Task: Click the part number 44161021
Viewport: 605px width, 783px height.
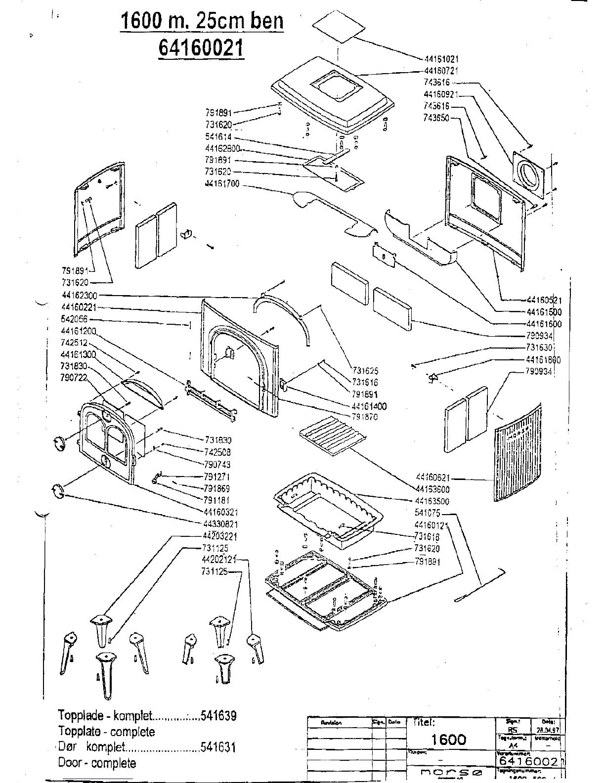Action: [442, 58]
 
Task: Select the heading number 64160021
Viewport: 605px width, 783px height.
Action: [201, 48]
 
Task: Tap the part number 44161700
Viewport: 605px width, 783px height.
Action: [222, 184]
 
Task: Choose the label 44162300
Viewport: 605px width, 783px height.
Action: [79, 295]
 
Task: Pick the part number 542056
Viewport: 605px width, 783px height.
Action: [74, 319]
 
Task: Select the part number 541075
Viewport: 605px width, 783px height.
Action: [428, 513]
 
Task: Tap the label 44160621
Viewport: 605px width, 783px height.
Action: [433, 478]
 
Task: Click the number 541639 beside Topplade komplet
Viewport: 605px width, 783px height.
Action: [218, 715]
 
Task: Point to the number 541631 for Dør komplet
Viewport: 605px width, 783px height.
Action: [218, 747]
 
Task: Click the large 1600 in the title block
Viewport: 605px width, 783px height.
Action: [448, 739]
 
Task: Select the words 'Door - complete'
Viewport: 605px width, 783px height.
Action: [97, 763]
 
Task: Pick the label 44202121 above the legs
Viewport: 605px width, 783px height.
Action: [219, 560]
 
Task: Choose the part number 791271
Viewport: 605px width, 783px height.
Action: [216, 477]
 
